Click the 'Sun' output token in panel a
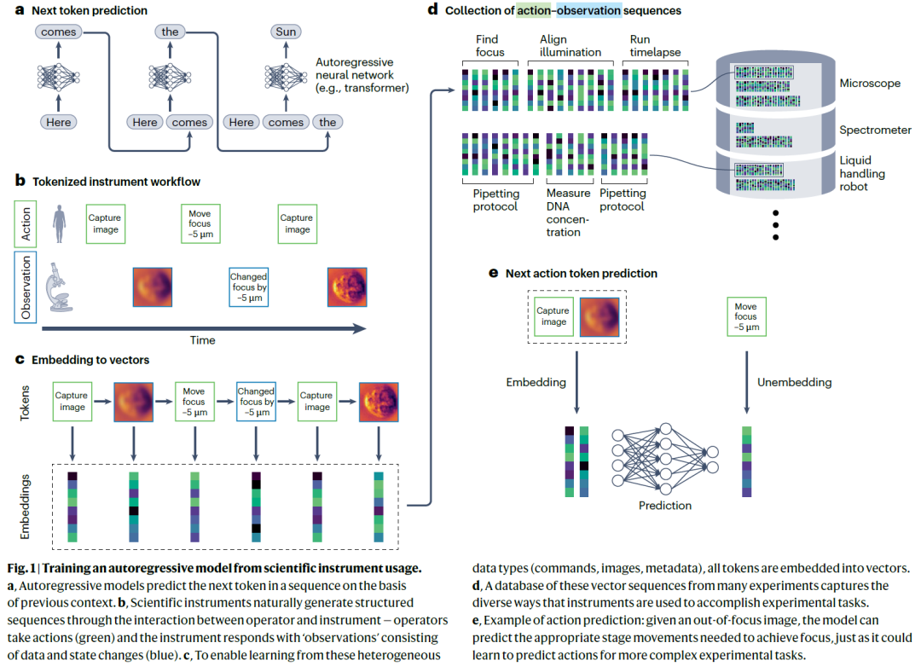tap(286, 32)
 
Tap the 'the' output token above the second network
tap(171, 32)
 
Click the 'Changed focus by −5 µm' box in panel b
tap(248, 287)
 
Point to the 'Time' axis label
tap(203, 340)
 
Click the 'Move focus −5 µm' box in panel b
tap(200, 224)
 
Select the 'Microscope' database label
tap(870, 84)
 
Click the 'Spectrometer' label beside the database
tap(875, 130)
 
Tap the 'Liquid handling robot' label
tap(863, 173)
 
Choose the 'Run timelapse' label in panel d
tap(655, 46)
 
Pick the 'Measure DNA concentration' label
tap(568, 212)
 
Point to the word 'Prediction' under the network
tap(665, 506)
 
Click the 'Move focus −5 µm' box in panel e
tap(745, 316)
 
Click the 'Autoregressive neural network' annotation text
tap(362, 75)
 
